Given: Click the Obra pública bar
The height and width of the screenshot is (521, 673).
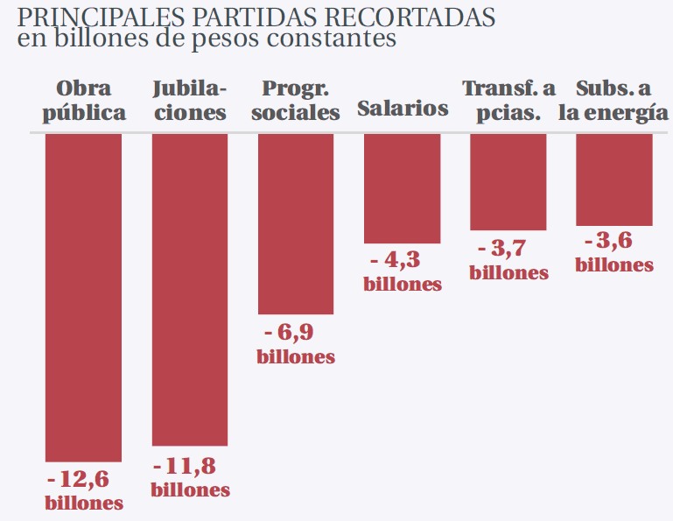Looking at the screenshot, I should tap(83, 297).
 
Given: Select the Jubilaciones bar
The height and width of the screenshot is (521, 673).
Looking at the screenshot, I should tap(190, 289).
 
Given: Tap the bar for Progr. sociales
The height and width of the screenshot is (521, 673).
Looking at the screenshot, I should tap(296, 223).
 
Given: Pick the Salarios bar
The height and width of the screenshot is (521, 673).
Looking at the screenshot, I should tap(403, 187).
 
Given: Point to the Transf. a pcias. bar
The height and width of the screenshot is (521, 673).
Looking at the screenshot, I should tap(508, 181).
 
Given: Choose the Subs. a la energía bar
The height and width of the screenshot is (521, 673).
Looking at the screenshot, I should tap(614, 180).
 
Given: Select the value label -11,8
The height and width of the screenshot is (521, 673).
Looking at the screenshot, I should tap(185, 466).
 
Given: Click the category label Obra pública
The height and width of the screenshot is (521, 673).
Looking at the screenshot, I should tap(84, 101).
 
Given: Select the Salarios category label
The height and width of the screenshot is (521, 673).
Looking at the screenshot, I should tap(403, 109).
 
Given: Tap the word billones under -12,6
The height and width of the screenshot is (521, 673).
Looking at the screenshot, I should tap(84, 503).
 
